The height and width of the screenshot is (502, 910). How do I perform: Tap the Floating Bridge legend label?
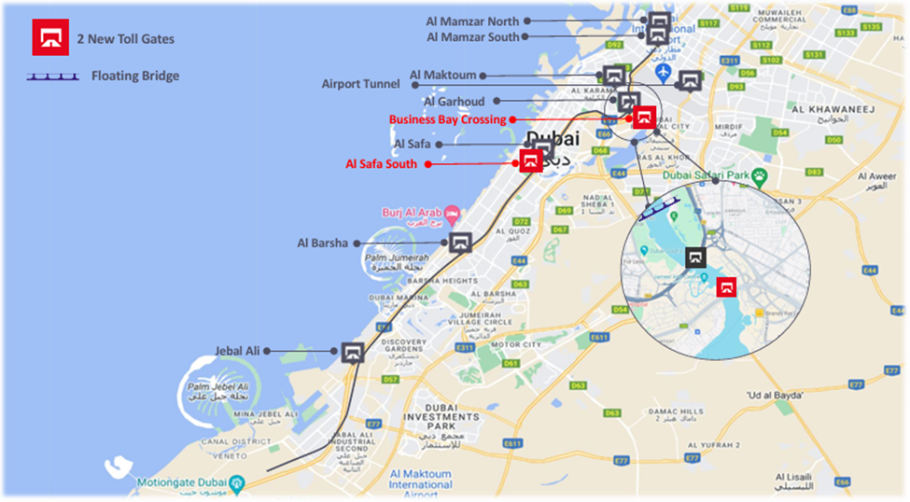click(135, 76)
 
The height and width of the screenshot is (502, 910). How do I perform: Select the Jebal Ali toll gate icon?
click(352, 353)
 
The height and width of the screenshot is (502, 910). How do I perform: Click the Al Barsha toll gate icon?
click(460, 244)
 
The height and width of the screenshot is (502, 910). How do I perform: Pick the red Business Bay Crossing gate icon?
click(644, 118)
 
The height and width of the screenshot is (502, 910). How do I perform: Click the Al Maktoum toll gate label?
click(442, 76)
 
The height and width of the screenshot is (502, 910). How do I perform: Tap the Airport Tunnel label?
click(360, 84)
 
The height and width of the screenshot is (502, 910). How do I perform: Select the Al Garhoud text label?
click(454, 101)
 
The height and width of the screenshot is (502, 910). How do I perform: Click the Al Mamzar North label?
click(472, 20)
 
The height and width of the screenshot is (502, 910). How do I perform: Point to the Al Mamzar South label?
click(473, 36)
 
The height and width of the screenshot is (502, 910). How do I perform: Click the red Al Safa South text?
click(382, 164)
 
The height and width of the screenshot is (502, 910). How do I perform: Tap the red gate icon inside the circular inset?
click(724, 287)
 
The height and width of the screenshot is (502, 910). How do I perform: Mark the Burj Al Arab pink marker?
click(454, 214)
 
